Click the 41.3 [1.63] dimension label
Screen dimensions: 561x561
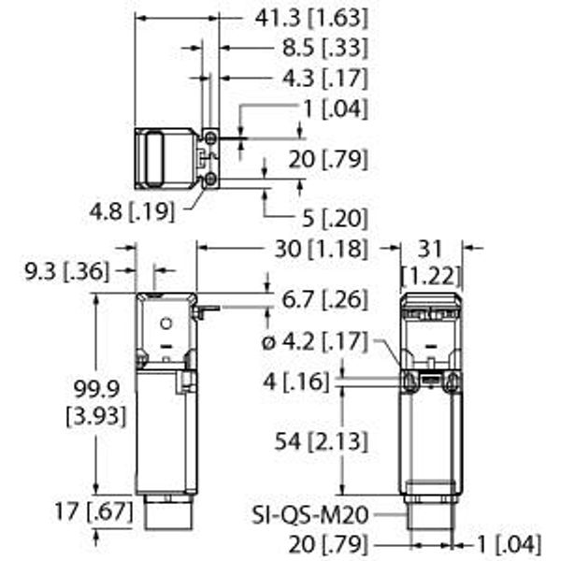click(x=311, y=18)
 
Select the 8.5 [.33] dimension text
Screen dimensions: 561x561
click(x=324, y=48)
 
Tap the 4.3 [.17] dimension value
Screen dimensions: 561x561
click(x=324, y=78)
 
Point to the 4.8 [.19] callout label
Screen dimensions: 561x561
click(x=132, y=211)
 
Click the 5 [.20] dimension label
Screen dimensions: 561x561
click(x=335, y=218)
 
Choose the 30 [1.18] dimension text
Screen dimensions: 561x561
click(x=321, y=249)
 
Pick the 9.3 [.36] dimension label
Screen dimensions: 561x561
click(x=66, y=271)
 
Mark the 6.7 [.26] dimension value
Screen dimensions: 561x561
click(x=324, y=299)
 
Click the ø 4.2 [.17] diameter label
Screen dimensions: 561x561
click(x=315, y=341)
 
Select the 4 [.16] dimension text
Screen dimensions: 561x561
click(x=295, y=381)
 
